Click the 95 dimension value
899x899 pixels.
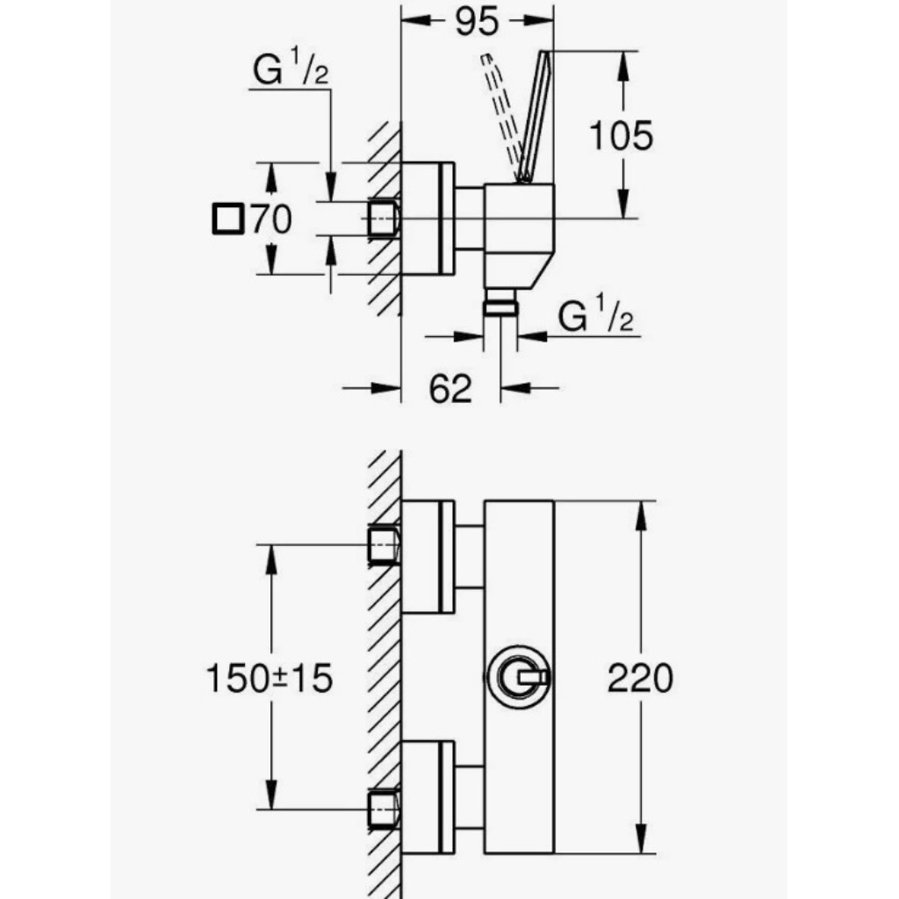(x=477, y=22)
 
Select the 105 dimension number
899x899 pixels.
(x=622, y=136)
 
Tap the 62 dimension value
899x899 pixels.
(x=450, y=388)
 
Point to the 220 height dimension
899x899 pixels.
(x=640, y=678)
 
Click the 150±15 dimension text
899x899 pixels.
(x=269, y=678)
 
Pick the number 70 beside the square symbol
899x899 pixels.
(x=271, y=219)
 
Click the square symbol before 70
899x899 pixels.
(x=228, y=219)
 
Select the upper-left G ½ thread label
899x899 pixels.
(x=291, y=68)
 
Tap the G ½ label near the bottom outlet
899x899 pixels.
(x=596, y=313)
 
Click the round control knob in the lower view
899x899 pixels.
(x=518, y=677)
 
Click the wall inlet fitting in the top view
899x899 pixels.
(x=384, y=219)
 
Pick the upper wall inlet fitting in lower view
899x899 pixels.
(x=384, y=544)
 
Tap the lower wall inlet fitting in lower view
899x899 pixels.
(x=384, y=809)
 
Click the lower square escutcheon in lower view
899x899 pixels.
(x=428, y=797)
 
